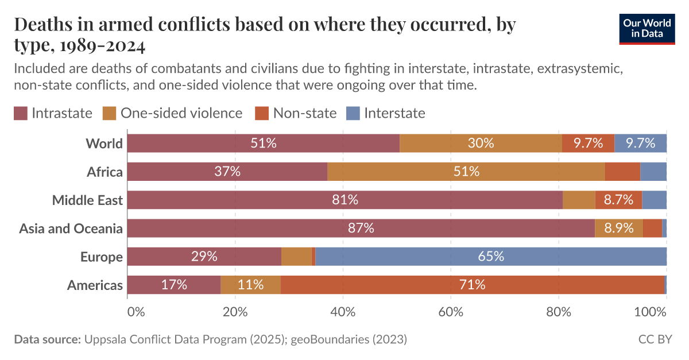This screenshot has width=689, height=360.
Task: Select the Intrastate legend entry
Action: (53, 113)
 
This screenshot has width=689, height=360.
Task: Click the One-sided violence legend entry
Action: (172, 113)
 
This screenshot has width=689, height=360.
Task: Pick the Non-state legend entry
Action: (296, 113)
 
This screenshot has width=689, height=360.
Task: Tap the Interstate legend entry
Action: (386, 113)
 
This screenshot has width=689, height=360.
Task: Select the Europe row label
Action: (101, 257)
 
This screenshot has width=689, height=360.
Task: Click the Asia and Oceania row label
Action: (71, 229)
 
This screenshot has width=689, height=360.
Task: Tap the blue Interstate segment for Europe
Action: (491, 257)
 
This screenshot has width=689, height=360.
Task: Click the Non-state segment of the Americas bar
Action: (472, 285)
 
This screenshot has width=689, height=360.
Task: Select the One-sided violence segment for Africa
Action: (466, 172)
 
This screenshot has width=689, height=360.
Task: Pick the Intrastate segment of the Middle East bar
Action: (344, 200)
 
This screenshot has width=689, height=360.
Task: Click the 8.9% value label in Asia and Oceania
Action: (619, 228)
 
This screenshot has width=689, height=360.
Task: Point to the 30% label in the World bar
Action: (481, 144)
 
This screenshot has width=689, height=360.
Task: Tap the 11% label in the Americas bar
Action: (250, 285)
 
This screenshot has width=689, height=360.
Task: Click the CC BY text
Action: (655, 339)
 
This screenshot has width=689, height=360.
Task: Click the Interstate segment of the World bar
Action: (640, 144)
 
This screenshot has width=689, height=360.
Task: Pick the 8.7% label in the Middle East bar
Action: (618, 200)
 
